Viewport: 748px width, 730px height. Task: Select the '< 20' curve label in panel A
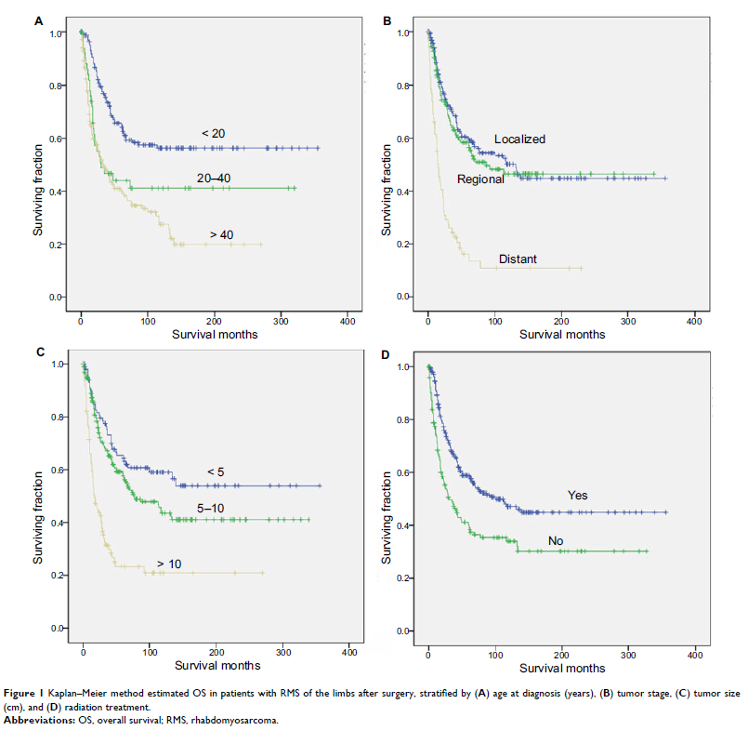click(x=213, y=134)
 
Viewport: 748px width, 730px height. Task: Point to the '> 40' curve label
click(x=220, y=235)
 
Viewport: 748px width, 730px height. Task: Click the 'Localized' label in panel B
click(x=519, y=139)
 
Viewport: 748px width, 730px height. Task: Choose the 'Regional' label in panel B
click(x=479, y=179)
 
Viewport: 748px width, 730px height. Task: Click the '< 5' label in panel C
click(x=215, y=472)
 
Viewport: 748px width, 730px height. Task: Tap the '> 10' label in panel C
click(x=169, y=564)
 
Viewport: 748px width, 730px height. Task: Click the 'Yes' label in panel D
click(x=578, y=495)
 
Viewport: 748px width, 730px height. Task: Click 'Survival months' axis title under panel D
click(x=562, y=668)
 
